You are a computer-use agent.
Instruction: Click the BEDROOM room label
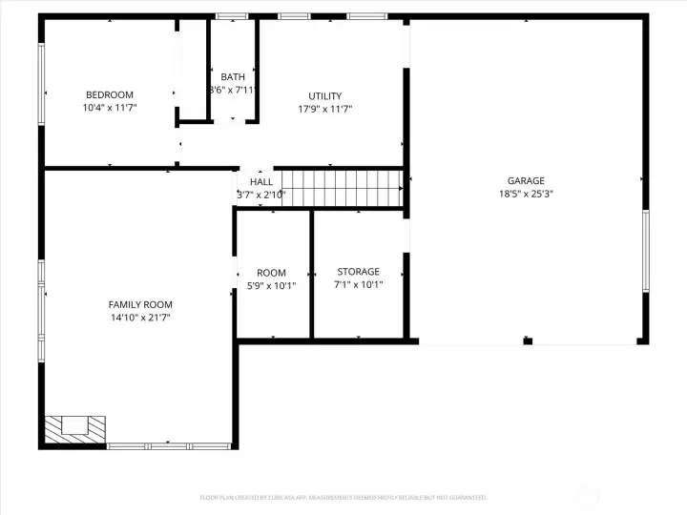tap(110, 94)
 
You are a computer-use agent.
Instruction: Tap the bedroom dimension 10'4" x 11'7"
tap(110, 109)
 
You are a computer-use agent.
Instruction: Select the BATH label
tap(233, 77)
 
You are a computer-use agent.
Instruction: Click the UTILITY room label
tap(324, 95)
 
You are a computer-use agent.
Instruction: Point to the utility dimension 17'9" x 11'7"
tap(324, 109)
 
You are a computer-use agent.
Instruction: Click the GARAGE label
tap(526, 180)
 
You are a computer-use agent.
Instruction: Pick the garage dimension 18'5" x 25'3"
tap(526, 194)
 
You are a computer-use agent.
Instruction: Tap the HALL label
tap(261, 181)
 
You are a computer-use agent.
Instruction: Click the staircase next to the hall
tap(344, 187)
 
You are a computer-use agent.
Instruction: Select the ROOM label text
tap(271, 273)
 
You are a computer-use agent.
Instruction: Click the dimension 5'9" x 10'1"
tap(271, 285)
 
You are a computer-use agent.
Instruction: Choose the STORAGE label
tap(358, 272)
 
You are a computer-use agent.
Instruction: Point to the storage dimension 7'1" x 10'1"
tap(358, 284)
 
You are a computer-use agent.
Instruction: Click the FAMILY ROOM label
tap(140, 304)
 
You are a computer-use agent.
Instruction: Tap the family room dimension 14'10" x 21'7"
tap(140, 318)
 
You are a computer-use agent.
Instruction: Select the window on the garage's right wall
tap(646, 251)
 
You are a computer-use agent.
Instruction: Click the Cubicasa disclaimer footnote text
tap(343, 497)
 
